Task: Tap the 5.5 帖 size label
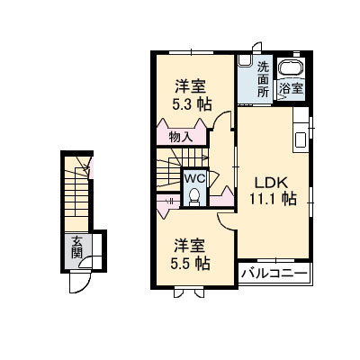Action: tap(191, 264)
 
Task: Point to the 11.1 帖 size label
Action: tap(267, 197)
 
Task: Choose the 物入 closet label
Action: tap(180, 137)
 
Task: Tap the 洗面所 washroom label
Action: tap(263, 79)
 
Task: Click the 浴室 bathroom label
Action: tap(290, 88)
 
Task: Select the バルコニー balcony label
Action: tap(274, 271)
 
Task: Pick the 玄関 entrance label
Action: tap(78, 246)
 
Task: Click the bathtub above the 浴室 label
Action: tap(290, 68)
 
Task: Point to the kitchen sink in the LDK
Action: tap(297, 139)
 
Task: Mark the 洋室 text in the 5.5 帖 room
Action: tap(191, 245)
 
